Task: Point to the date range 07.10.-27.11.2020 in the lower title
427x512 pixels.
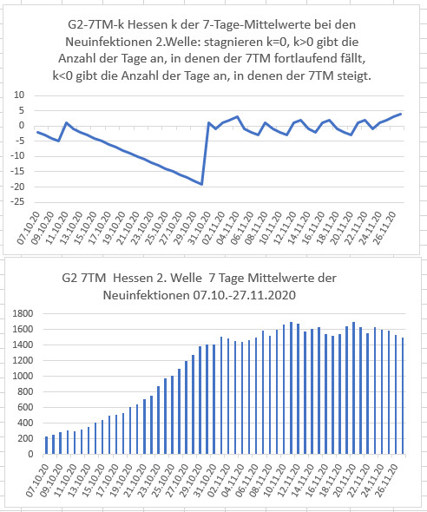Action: (244, 295)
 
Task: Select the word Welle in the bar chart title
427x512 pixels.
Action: (186, 279)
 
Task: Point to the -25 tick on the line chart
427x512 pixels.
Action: (17, 202)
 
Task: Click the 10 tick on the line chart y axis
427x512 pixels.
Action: (19, 95)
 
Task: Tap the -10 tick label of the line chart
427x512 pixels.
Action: (17, 155)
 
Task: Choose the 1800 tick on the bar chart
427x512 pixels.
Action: (23, 314)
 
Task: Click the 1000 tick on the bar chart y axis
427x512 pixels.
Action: (23, 376)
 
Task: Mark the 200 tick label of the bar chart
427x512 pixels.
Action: (25, 438)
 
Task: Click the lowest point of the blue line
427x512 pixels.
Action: (201, 185)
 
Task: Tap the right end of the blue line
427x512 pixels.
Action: (401, 114)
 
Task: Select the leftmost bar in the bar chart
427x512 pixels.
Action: (46, 445)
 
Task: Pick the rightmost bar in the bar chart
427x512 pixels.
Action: (403, 396)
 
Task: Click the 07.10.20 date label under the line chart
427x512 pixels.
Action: (29, 228)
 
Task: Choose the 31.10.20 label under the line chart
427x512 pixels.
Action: (200, 228)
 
